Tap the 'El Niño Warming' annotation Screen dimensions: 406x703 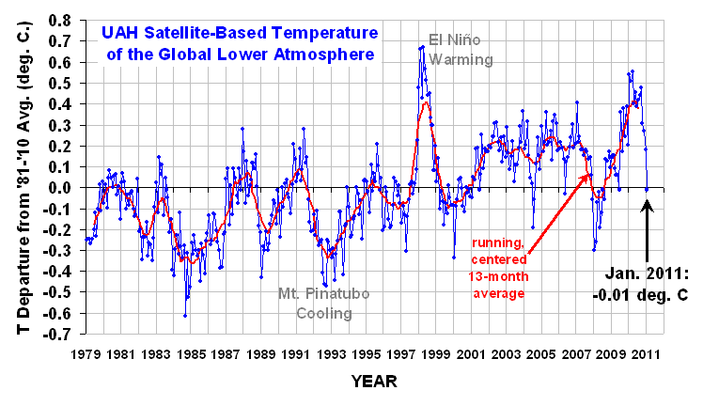point(447,51)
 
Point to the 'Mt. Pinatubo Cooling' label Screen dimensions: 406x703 point(324,304)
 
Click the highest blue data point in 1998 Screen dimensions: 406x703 point(422,46)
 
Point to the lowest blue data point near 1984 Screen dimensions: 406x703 point(184,315)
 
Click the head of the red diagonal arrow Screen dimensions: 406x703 point(589,175)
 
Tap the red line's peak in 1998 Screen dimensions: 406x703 point(426,101)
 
